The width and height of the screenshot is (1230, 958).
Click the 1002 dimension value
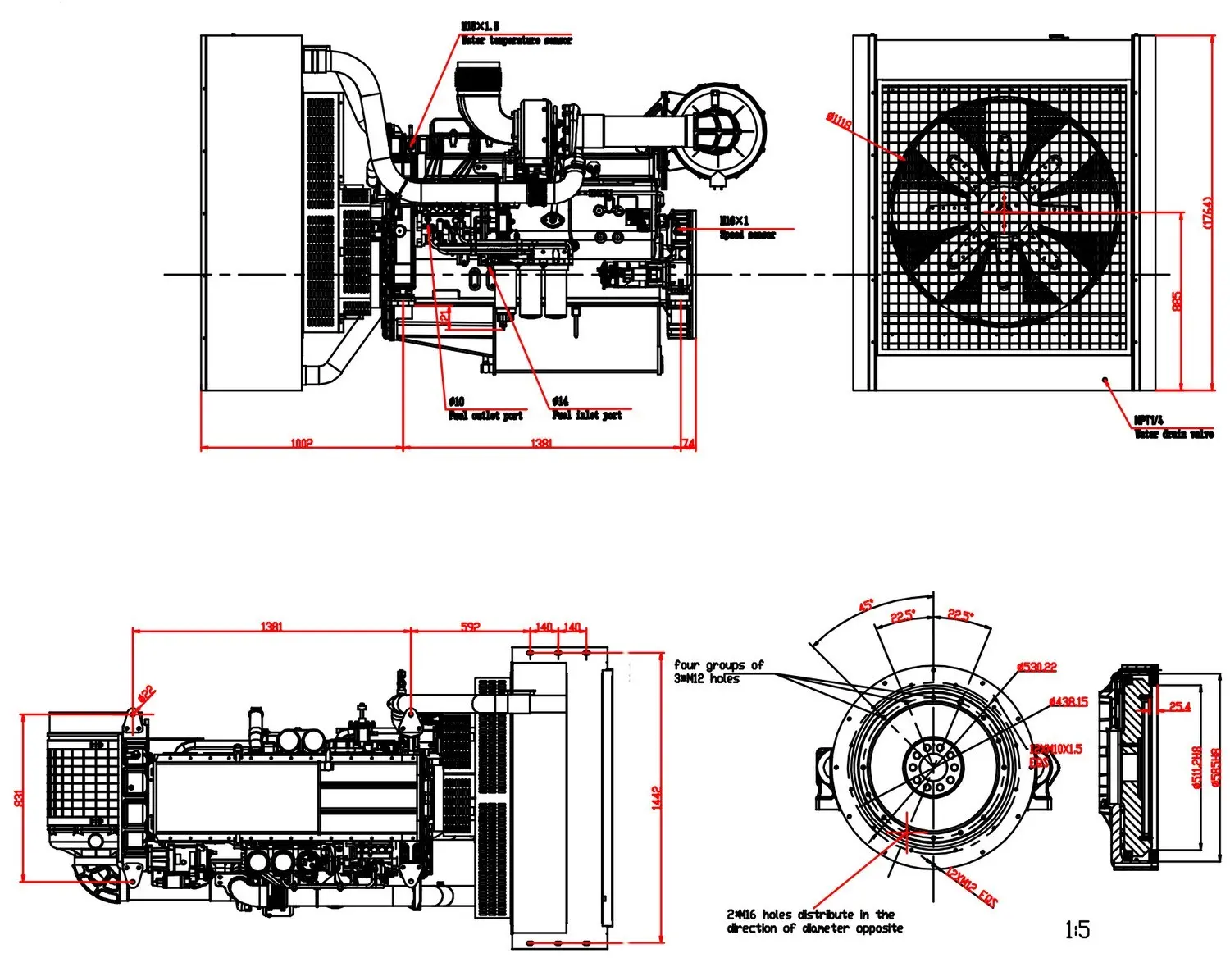(302, 444)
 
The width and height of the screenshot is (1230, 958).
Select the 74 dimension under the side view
(689, 444)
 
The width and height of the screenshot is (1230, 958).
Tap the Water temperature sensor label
(517, 40)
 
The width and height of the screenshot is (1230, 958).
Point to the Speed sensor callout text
(747, 235)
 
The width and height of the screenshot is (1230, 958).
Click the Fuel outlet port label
(485, 416)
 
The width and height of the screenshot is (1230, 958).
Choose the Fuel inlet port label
(587, 416)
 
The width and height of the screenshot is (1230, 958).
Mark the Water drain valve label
(1173, 434)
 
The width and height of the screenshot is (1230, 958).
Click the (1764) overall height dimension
(1207, 212)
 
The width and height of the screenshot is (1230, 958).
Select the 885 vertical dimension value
(1178, 301)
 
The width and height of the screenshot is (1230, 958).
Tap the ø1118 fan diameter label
(838, 121)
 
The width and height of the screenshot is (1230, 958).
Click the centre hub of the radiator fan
(1002, 212)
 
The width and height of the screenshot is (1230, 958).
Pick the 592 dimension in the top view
(470, 627)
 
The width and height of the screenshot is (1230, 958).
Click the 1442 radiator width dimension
(656, 798)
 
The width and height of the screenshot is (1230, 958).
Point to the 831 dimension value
(19, 797)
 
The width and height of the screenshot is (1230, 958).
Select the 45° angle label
(865, 605)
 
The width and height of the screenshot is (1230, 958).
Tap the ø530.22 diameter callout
(1036, 667)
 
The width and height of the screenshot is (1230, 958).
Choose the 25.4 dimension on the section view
(1179, 706)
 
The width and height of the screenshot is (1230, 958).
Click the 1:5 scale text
(1077, 929)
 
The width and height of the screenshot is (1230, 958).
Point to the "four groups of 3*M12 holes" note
(718, 672)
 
